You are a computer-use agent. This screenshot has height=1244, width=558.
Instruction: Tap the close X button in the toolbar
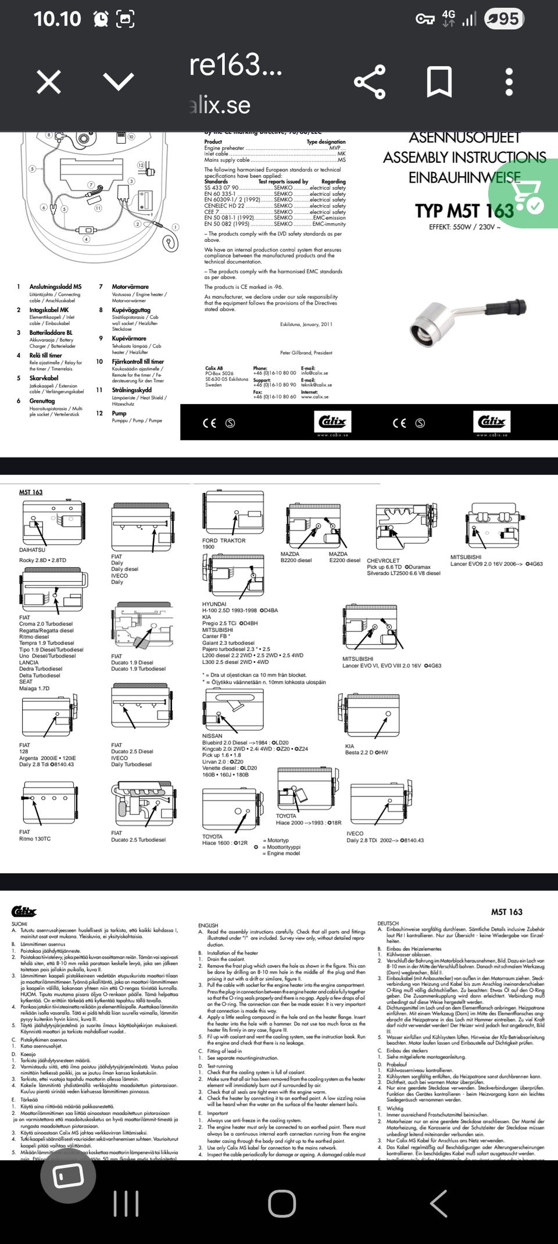pos(49,82)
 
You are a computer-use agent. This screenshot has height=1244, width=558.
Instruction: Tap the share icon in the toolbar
pos(370,82)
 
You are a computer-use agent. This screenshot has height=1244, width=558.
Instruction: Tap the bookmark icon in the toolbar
pos(439,82)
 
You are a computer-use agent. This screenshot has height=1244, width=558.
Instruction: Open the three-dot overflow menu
pos(509,82)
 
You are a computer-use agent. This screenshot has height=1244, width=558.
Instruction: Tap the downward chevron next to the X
pos(119,82)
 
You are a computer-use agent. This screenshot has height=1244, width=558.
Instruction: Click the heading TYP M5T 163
pos(464,210)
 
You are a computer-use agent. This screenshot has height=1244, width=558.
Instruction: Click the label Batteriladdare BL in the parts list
pos(51,333)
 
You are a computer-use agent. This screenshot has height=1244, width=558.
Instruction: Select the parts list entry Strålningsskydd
pos(131,390)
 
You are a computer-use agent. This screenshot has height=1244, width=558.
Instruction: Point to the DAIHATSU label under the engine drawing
pos(32,550)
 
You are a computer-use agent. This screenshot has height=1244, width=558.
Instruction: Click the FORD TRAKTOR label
pos(224,541)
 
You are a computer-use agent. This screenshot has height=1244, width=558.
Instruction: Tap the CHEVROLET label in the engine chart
pos(383,560)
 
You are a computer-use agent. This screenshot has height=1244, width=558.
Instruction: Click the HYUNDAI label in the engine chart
pos(214,605)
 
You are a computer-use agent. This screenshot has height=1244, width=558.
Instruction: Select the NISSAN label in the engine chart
pos(212,736)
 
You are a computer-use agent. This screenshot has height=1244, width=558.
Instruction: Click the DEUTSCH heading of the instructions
pos(388,923)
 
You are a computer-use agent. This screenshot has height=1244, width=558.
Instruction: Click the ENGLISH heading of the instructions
pos(208,925)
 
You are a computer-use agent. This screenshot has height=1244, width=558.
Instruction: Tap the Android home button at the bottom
pos(282,1203)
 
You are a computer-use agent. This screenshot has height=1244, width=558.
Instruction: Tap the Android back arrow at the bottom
pos(438,1203)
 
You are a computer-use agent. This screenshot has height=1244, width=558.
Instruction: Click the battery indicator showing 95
pos(505,19)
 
